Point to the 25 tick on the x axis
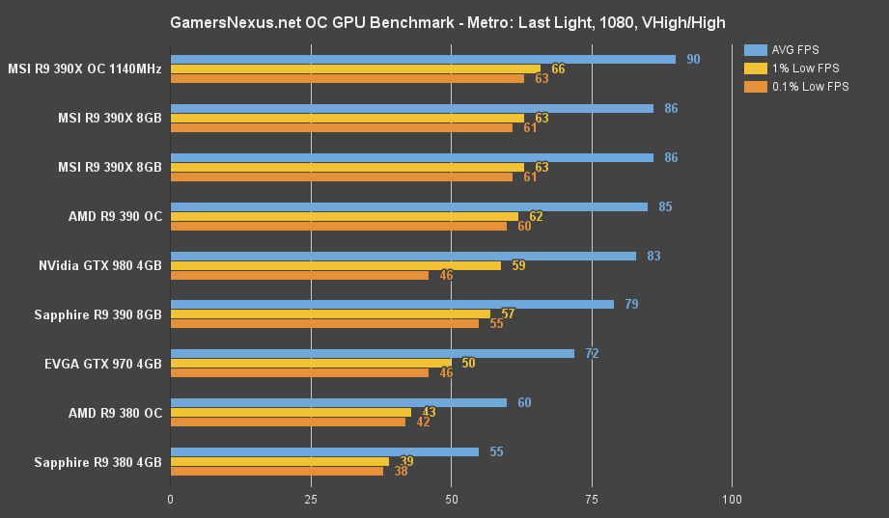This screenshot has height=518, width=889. [x=311, y=500]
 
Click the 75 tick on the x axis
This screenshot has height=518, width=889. [x=592, y=500]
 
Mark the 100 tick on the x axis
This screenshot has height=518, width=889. [x=732, y=500]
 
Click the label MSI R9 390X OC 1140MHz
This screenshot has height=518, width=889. [x=85, y=69]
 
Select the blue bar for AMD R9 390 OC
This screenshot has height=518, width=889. [x=409, y=206]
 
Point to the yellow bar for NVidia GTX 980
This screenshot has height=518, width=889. [x=336, y=265]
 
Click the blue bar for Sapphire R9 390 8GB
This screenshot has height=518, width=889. [x=392, y=304]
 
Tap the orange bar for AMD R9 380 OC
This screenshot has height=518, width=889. [x=289, y=422]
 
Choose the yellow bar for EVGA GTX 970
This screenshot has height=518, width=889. [x=311, y=363]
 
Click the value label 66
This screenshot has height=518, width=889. [x=558, y=68]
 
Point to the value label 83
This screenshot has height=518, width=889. [x=653, y=256]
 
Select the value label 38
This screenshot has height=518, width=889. [x=401, y=471]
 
